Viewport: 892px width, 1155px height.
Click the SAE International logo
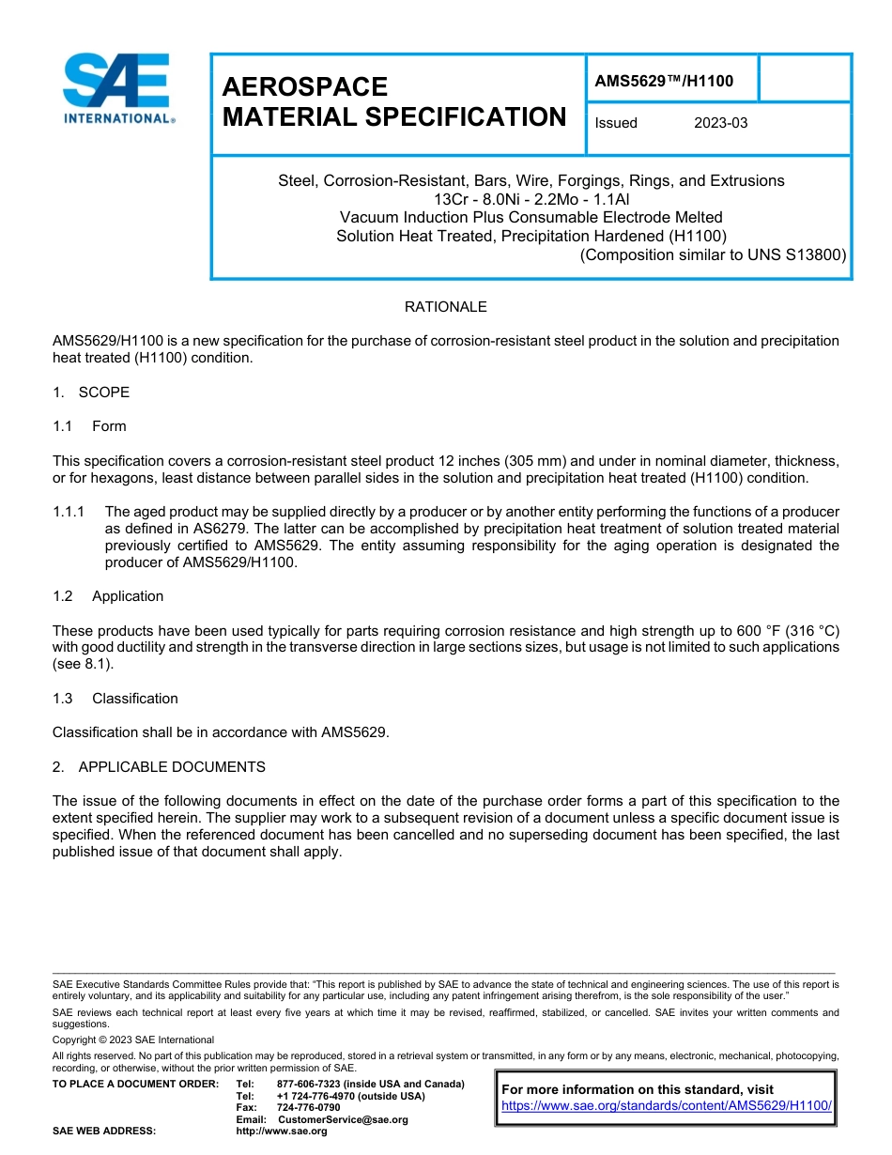[117, 89]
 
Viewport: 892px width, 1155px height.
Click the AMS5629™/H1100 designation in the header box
[664, 82]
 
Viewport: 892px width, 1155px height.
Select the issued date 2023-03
[720, 123]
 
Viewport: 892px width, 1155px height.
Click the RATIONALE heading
[445, 307]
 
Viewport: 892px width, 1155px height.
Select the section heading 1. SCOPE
[91, 393]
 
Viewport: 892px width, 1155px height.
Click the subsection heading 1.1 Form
[89, 426]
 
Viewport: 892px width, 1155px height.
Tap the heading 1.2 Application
[108, 596]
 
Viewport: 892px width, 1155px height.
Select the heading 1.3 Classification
[115, 699]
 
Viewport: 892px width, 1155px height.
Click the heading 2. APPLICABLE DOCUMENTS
[159, 767]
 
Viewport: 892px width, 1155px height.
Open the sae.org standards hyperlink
[667, 1106]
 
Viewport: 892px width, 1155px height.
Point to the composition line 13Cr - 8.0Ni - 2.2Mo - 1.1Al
[531, 199]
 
